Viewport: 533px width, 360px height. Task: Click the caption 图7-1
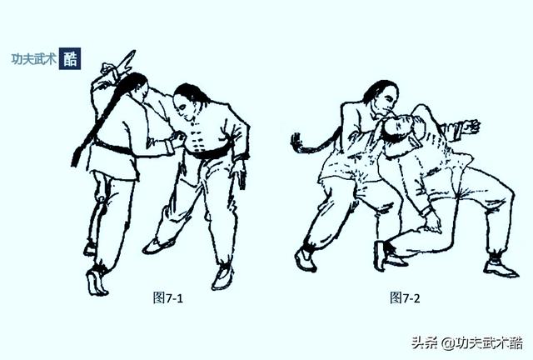(167, 297)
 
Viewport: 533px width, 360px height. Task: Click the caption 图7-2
(406, 297)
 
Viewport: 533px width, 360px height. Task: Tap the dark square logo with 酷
(70, 59)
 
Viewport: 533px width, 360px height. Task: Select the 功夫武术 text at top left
(32, 59)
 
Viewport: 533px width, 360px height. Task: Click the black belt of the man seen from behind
(112, 148)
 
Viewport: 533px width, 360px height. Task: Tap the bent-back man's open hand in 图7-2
(470, 127)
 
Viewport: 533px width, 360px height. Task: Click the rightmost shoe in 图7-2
(500, 267)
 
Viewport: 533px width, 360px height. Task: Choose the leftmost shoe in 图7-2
(306, 259)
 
